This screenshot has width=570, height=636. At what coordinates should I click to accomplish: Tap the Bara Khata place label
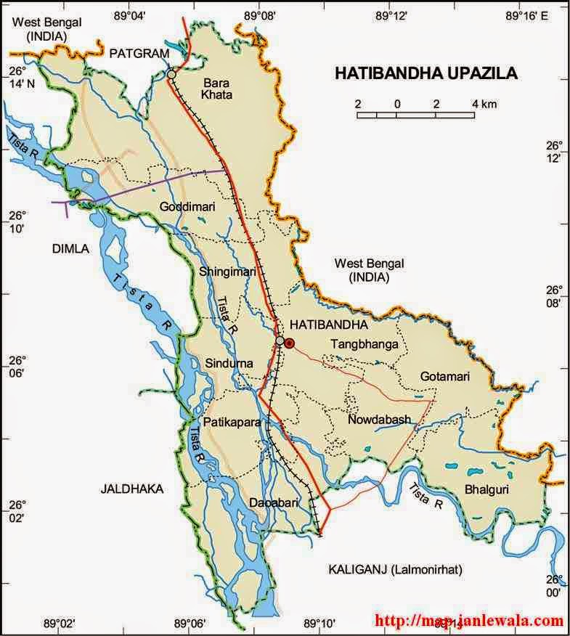tap(217, 89)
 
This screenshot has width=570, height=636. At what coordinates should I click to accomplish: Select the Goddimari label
tap(187, 206)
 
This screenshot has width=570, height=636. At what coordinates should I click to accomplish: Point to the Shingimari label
tap(227, 272)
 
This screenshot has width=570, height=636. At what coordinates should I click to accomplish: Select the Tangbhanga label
tap(365, 344)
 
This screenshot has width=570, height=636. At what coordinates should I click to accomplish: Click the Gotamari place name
tap(445, 377)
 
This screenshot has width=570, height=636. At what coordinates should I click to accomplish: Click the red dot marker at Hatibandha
tap(290, 343)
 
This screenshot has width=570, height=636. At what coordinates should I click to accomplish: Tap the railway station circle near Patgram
tap(171, 74)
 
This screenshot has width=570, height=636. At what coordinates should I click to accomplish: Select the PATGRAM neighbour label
tap(139, 54)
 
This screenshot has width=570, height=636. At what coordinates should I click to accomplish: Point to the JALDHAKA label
tap(132, 489)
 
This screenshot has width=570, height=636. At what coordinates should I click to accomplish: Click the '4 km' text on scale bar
tap(484, 104)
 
